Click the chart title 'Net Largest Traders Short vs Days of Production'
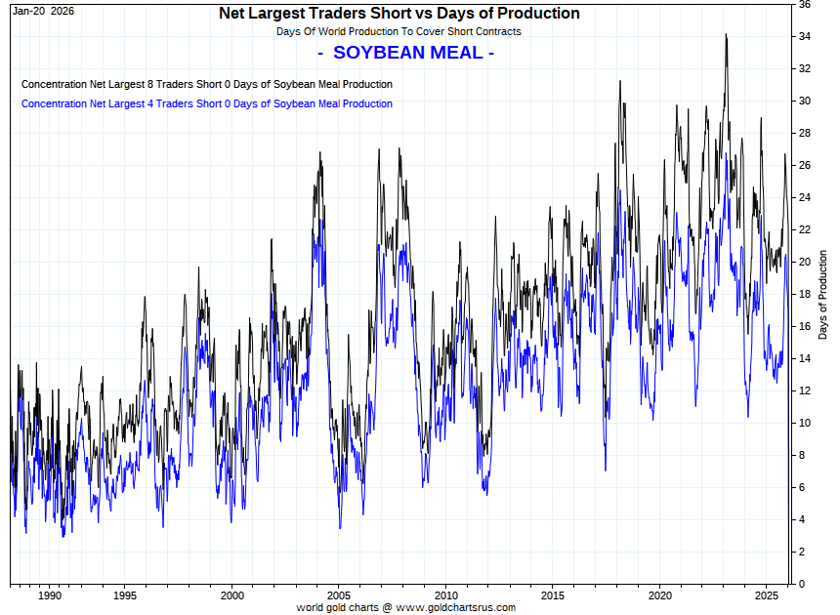(399, 14)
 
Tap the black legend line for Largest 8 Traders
(206, 85)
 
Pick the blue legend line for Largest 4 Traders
(206, 103)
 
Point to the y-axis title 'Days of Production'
(823, 293)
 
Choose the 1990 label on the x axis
(50, 594)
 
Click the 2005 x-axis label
(338, 594)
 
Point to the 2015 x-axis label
(553, 594)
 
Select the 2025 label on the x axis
(768, 594)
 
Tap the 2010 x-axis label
(445, 594)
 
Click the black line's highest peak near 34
(726, 35)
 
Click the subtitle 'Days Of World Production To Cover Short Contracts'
(399, 32)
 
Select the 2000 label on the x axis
(231, 594)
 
